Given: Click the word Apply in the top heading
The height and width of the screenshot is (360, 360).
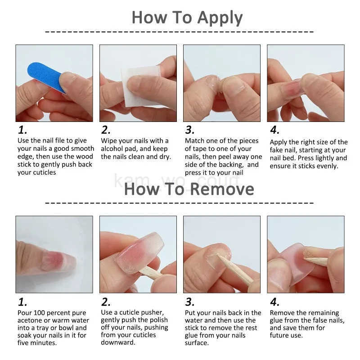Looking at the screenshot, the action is [x=220, y=18].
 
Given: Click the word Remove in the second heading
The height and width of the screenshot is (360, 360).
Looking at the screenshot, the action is [x=222, y=189].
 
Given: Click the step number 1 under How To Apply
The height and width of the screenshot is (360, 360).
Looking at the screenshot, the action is [x=22, y=130].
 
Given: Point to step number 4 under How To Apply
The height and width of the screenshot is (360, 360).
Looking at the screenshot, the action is [x=274, y=130].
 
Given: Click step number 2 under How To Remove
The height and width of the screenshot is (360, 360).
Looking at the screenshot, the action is [x=106, y=302].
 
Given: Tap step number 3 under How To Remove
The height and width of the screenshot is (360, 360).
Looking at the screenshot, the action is [x=190, y=302].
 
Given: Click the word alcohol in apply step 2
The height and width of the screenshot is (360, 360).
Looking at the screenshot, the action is [x=112, y=148].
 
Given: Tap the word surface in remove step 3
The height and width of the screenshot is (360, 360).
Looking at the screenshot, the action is [x=197, y=343].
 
